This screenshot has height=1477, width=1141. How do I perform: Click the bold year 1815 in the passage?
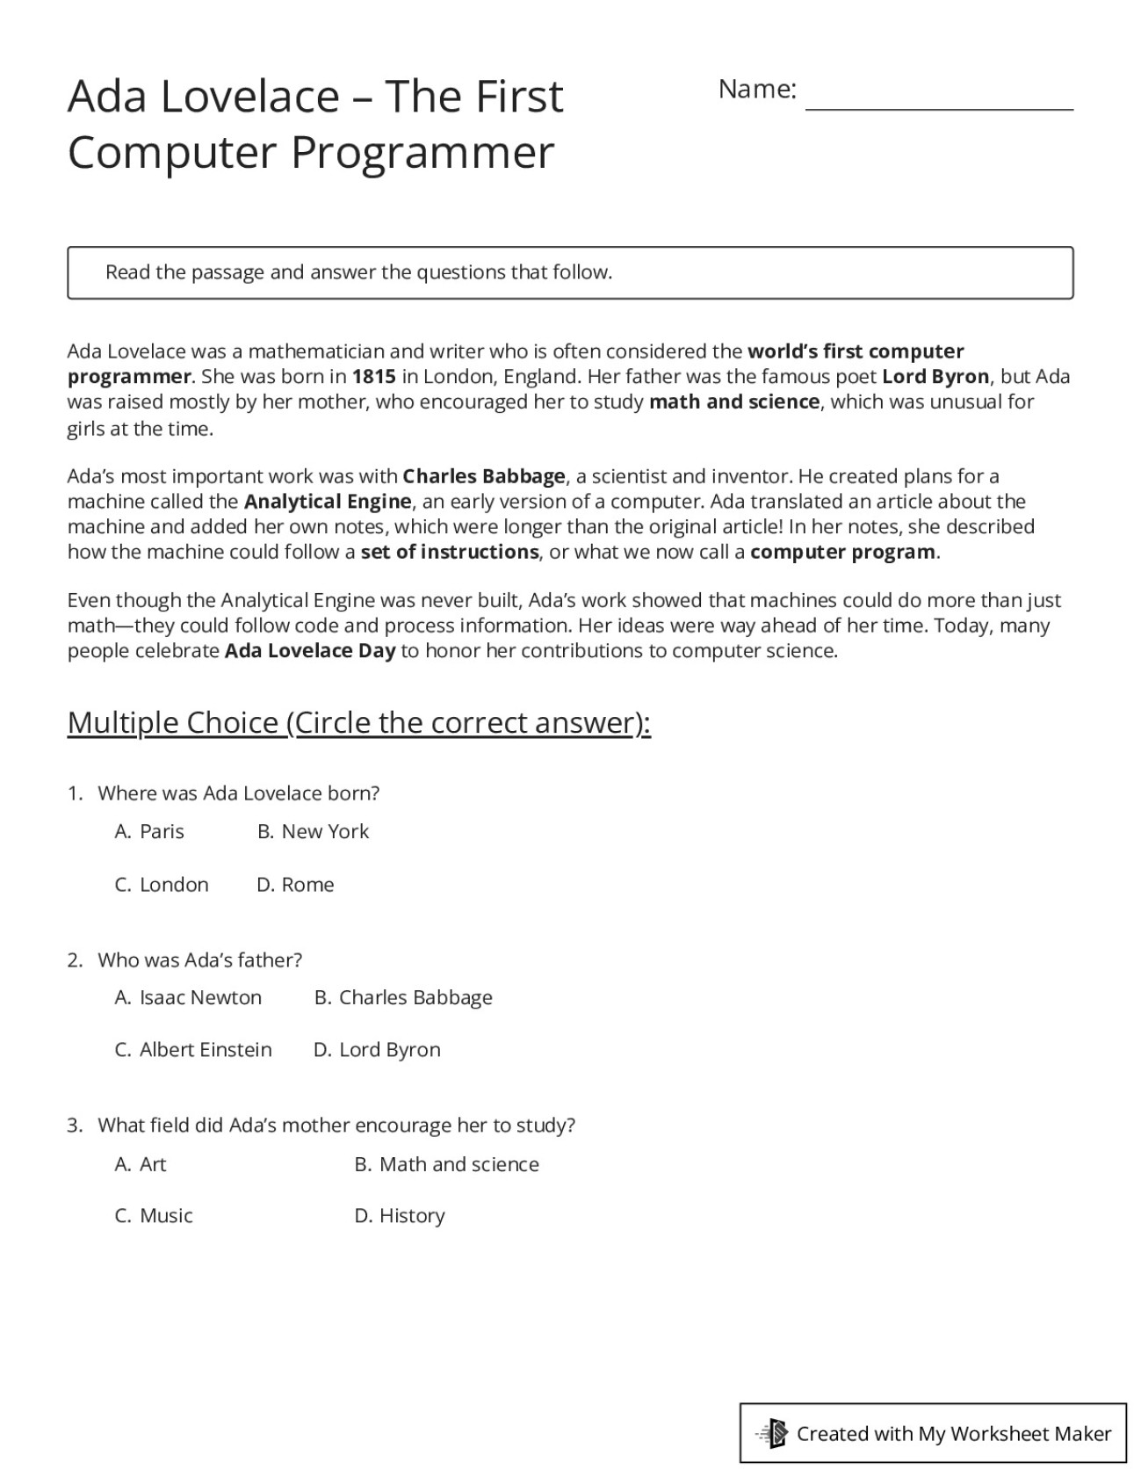point(373,377)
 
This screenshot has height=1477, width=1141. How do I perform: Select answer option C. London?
point(162,885)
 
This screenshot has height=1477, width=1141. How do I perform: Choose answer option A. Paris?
point(149,831)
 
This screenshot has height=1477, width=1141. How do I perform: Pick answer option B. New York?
point(314,831)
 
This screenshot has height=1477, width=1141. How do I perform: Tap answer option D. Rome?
point(295,885)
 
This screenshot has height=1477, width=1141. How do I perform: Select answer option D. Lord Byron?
point(377,1050)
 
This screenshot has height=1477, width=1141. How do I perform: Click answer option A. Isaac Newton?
point(188,998)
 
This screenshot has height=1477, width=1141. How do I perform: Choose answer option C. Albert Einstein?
point(193,1050)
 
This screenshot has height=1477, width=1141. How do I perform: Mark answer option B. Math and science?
point(446,1164)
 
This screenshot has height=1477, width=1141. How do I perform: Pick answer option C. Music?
point(154,1216)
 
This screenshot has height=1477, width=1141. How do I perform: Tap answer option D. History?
point(400,1216)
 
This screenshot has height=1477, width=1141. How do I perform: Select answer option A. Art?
point(141,1164)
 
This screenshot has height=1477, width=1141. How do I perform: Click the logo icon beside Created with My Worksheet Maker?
point(773,1434)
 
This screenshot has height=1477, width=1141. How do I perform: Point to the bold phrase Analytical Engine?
point(328,502)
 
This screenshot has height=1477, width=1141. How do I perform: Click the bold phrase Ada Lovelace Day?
point(310,651)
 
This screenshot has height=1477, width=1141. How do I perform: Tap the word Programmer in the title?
point(422,152)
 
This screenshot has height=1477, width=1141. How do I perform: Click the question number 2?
point(75,960)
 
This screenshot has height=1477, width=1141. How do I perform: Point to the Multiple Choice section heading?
point(358,723)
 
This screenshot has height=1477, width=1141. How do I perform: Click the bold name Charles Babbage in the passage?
point(484,476)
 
